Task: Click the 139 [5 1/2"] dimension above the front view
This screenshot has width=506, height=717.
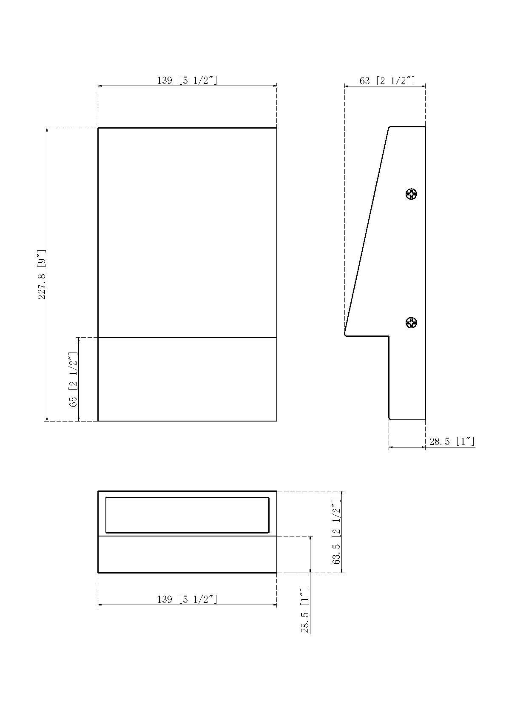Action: click(x=187, y=80)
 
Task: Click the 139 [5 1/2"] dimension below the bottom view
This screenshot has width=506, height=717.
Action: click(x=187, y=599)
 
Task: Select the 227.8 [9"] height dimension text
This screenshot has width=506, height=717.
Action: click(x=42, y=275)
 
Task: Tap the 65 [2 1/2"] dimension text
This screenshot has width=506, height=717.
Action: click(x=74, y=379)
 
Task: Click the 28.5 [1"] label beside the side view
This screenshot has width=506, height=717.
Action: click(x=452, y=442)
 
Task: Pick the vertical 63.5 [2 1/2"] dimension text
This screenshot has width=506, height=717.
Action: click(x=337, y=532)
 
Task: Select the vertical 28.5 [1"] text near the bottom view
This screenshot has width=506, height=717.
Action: click(x=305, y=611)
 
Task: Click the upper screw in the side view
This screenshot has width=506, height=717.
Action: click(x=411, y=195)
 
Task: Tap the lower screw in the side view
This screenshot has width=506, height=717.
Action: click(x=411, y=323)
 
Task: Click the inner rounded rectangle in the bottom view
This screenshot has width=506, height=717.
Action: click(x=187, y=515)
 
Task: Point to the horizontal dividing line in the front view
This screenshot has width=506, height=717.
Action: click(x=187, y=338)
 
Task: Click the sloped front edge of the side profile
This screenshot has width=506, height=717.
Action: click(x=367, y=230)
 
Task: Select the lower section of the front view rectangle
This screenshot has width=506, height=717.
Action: click(x=187, y=379)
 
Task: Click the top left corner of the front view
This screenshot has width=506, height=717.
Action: click(x=98, y=128)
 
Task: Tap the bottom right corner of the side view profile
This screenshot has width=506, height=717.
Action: click(x=425, y=419)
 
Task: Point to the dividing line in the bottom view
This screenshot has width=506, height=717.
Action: click(x=187, y=536)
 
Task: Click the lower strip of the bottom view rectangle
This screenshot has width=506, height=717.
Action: click(x=187, y=554)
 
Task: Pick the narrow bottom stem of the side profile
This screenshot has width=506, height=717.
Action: click(x=407, y=379)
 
